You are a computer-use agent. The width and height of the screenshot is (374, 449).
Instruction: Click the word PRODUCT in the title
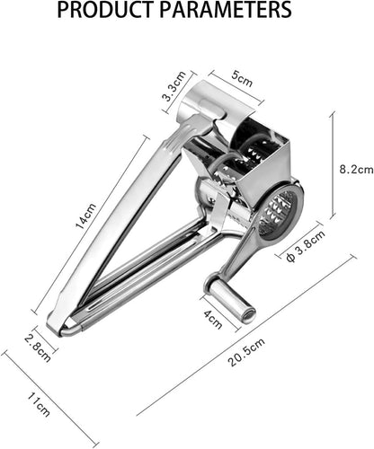pos(106,10)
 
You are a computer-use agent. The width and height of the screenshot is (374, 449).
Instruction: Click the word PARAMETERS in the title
pos(226,10)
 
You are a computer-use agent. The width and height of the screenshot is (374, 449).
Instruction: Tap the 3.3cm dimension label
pos(174,87)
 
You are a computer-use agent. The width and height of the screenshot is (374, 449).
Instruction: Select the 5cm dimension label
pos(242,79)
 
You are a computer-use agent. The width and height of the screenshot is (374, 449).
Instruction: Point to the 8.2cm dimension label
pos(357,170)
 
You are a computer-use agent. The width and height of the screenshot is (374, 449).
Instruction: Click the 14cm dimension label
pos(86,216)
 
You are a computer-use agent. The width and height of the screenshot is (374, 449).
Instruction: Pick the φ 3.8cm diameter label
pos(306,246)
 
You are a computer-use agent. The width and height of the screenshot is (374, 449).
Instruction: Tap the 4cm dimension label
pos(213,320)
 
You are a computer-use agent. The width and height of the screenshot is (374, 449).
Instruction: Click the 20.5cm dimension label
pos(246,353)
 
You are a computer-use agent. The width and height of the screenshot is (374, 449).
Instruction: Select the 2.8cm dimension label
pos(38,348)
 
